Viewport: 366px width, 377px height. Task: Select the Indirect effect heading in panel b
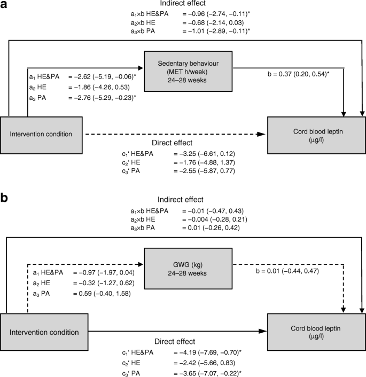[x=183, y=199]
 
